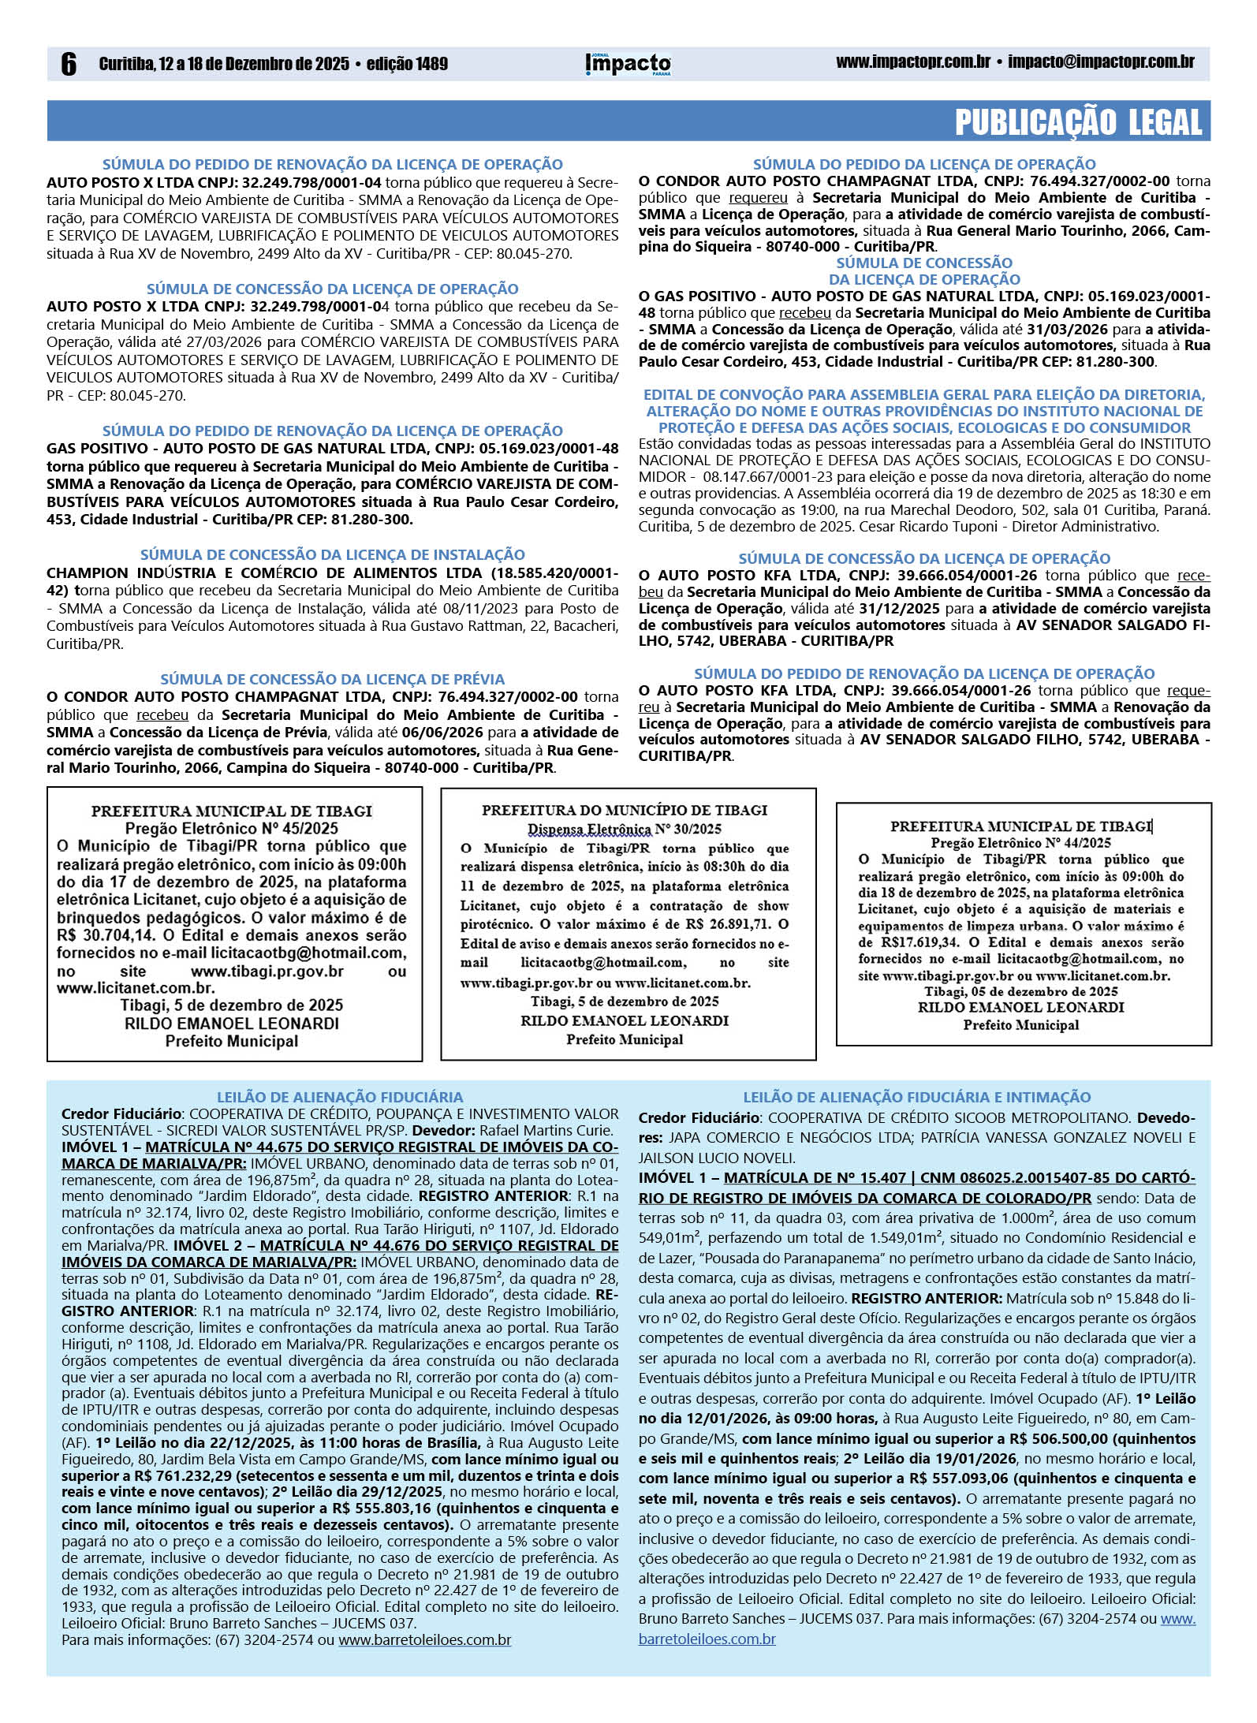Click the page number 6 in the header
pyautogui.click(x=69, y=65)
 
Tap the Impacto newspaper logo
pyautogui.click(x=628, y=64)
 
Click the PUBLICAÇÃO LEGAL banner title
pyautogui.click(x=1078, y=122)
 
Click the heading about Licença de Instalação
pyautogui.click(x=332, y=555)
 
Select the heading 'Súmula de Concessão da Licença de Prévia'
pyautogui.click(x=332, y=679)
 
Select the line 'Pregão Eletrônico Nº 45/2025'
pyautogui.click(x=231, y=828)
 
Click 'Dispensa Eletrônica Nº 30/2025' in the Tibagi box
pyautogui.click(x=624, y=829)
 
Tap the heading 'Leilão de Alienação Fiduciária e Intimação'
pyautogui.click(x=916, y=1097)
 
